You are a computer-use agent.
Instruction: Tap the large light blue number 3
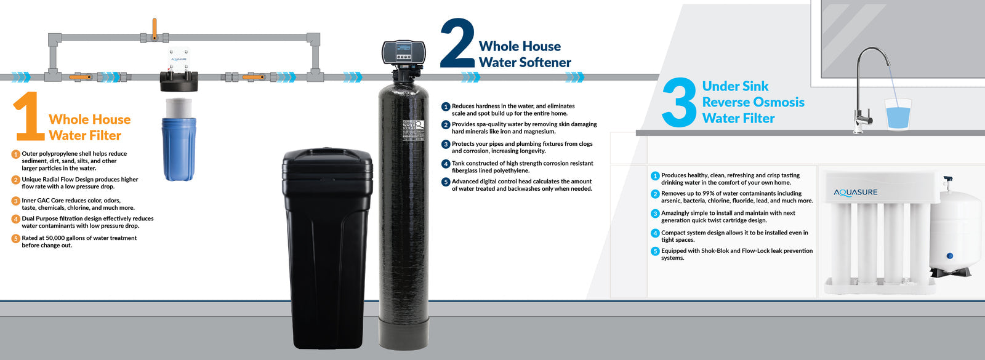click(679, 103)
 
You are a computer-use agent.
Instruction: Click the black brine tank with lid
click(327, 246)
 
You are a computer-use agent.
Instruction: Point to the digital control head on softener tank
click(404, 53)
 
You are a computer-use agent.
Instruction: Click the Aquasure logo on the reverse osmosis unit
click(856, 193)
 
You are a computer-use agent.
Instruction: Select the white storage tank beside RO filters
click(954, 231)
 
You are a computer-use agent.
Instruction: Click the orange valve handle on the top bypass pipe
click(155, 28)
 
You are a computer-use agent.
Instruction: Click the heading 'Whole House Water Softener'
click(525, 54)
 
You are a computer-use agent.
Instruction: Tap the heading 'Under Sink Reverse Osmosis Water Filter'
click(753, 102)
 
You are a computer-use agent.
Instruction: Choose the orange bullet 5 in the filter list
click(16, 239)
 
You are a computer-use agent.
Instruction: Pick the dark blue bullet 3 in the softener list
click(446, 145)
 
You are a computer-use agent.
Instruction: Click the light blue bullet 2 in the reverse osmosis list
click(655, 194)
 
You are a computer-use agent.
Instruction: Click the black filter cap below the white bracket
click(179, 81)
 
